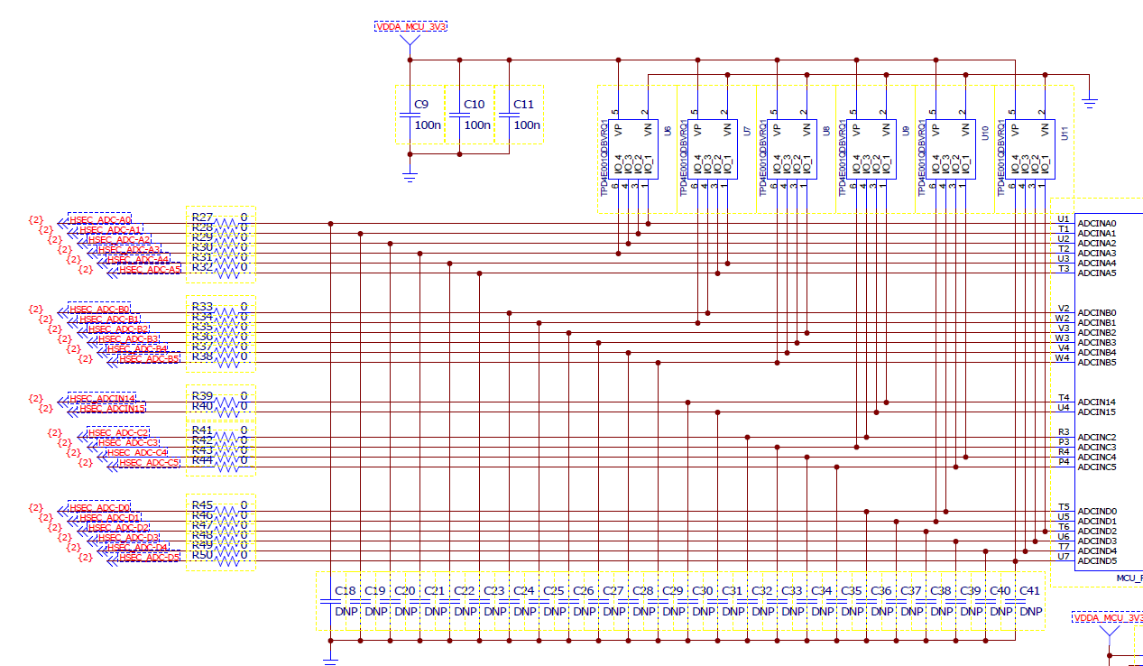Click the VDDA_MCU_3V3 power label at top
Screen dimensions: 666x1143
pyautogui.click(x=410, y=26)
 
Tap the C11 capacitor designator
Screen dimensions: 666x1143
pyautogui.click(x=523, y=105)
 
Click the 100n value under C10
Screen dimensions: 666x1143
pyautogui.click(x=477, y=125)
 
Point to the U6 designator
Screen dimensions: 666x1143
pyautogui.click(x=667, y=132)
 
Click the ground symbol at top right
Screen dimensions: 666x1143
pyautogui.click(x=1090, y=103)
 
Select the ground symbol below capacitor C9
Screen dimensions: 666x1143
pyautogui.click(x=410, y=178)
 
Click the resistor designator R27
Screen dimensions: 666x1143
pyautogui.click(x=202, y=217)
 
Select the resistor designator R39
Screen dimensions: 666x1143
pyautogui.click(x=202, y=396)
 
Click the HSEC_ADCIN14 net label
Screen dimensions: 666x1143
pyautogui.click(x=103, y=398)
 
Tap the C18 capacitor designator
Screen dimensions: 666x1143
pyautogui.click(x=345, y=591)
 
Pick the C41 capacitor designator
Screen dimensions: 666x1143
pyautogui.click(x=1029, y=591)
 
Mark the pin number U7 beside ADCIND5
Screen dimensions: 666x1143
pyautogui.click(x=1064, y=556)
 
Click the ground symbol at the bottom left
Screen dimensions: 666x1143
pyautogui.click(x=330, y=661)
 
